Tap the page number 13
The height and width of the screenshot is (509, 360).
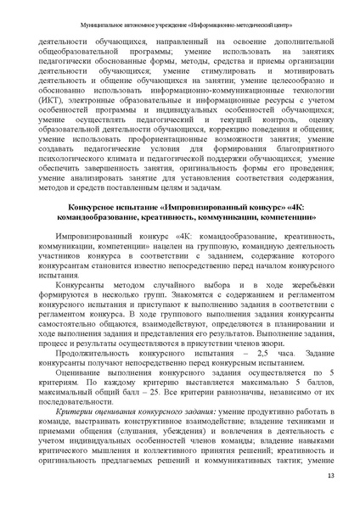tap(330, 484)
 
